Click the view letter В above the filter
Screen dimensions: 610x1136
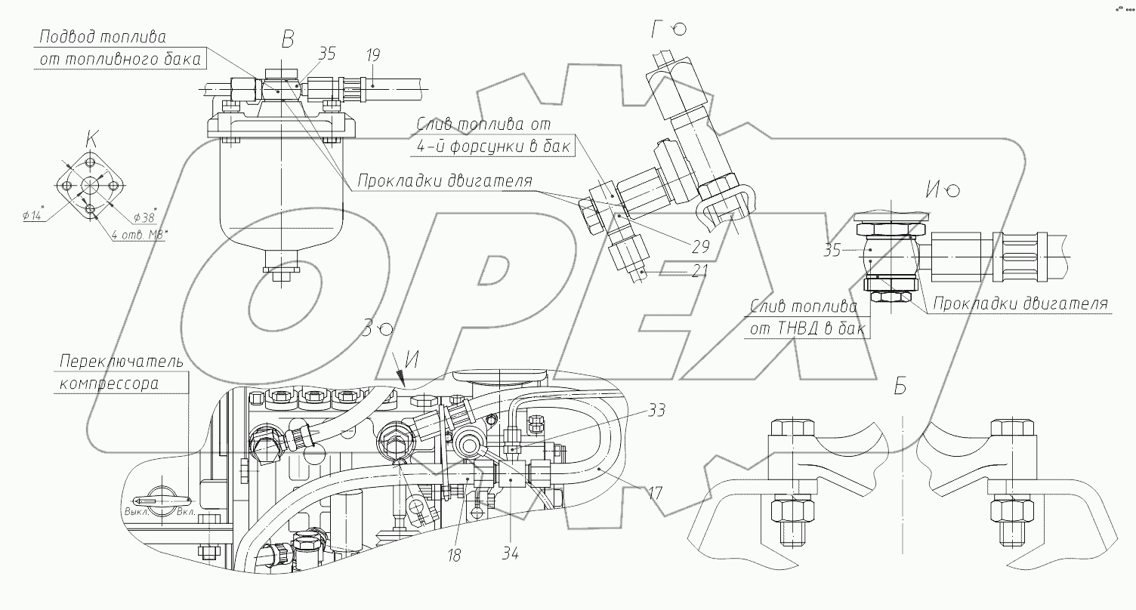pos(287,39)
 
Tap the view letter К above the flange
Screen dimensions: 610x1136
pos(91,138)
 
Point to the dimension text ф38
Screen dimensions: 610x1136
pos(145,217)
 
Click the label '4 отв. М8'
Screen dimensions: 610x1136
pos(139,235)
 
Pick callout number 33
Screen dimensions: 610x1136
pos(656,411)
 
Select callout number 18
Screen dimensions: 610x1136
pos(453,555)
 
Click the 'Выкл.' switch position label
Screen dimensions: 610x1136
pos(136,513)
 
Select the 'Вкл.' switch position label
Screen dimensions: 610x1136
pos(186,513)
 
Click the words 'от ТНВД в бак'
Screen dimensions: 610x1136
pos(807,329)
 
